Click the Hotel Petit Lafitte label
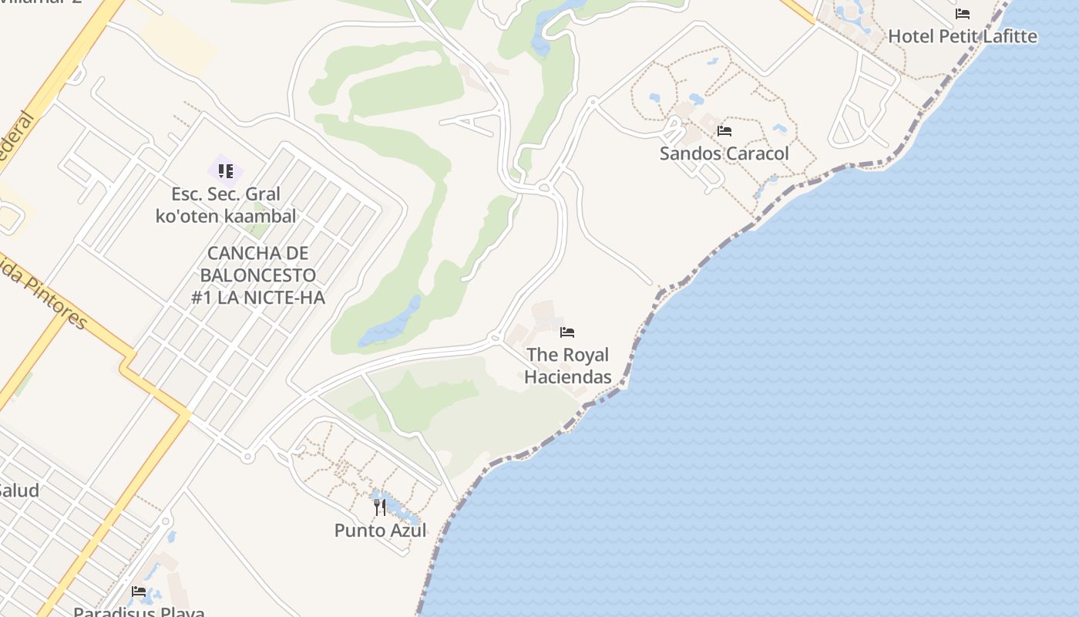click(963, 36)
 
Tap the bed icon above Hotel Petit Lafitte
click(962, 14)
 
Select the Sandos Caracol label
click(724, 153)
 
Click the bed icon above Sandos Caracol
click(724, 131)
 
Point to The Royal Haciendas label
click(568, 366)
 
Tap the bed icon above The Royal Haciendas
click(567, 332)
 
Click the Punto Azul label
click(380, 531)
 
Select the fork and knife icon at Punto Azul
click(379, 507)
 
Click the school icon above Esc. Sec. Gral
click(225, 170)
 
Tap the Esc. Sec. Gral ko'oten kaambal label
click(226, 205)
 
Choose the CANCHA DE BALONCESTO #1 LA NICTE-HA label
click(258, 275)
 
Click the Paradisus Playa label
click(139, 612)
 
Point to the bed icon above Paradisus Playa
click(139, 592)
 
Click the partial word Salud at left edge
click(18, 491)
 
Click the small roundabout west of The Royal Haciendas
click(495, 337)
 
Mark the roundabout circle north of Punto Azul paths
click(247, 457)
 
